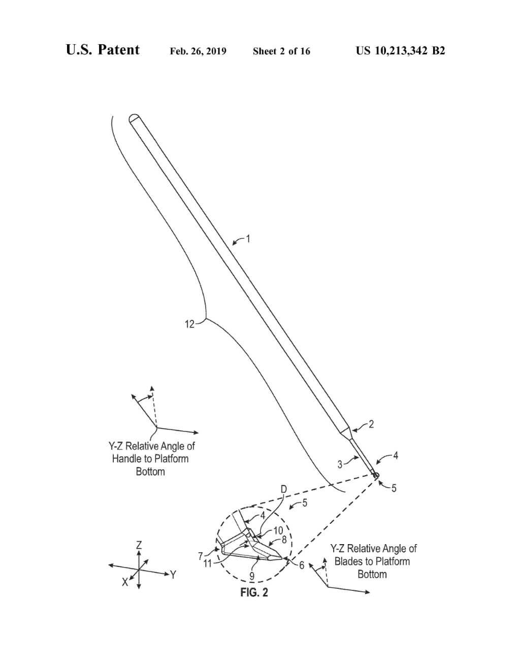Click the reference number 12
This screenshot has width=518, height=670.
(189, 324)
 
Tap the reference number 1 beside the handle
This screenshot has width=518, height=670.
(248, 238)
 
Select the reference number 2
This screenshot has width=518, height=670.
(371, 424)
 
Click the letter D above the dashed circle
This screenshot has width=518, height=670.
(283, 489)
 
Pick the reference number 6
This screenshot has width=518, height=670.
(301, 565)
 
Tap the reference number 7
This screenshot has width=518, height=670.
(201, 555)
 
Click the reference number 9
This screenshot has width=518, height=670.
(252, 576)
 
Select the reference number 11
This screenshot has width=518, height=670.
(208, 563)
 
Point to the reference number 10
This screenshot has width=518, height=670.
(278, 531)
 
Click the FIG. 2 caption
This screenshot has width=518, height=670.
(254, 592)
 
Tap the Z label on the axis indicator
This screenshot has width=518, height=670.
(139, 545)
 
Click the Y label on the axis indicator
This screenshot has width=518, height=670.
(173, 575)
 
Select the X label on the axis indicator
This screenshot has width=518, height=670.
(124, 582)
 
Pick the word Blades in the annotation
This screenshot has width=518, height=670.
(348, 561)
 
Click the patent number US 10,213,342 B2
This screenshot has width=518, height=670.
(400, 51)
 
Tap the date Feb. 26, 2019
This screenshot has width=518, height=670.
(198, 51)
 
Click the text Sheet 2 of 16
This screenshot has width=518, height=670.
(281, 51)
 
